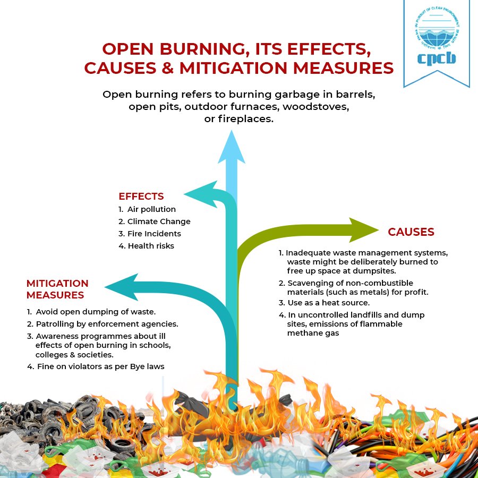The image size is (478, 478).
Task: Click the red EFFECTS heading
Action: click(x=141, y=197)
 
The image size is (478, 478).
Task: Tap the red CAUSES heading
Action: click(x=411, y=232)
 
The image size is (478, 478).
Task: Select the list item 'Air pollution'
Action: click(x=151, y=209)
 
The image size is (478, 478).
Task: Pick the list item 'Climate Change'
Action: click(x=158, y=221)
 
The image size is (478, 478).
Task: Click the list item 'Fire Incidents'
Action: click(x=154, y=234)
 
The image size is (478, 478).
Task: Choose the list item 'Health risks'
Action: click(x=151, y=246)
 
